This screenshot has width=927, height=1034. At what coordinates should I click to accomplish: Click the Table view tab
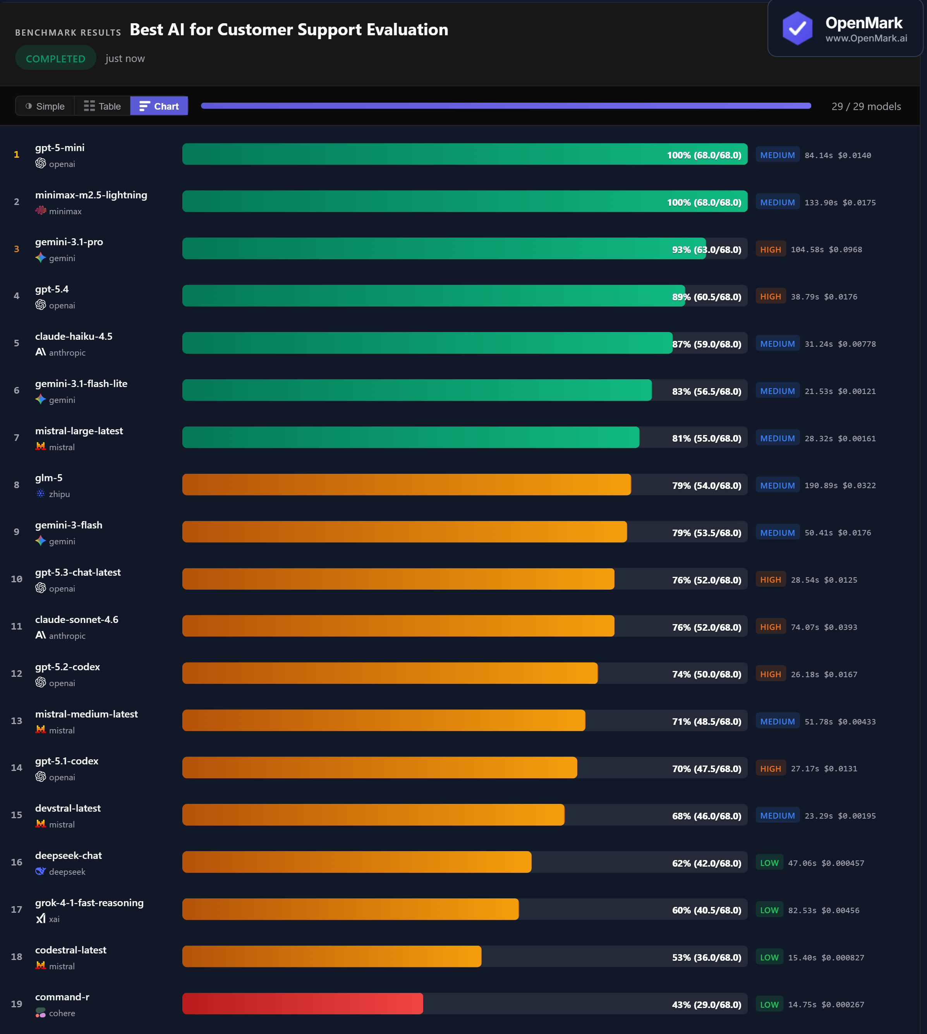point(102,106)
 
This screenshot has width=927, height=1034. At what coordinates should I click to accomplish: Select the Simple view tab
point(45,106)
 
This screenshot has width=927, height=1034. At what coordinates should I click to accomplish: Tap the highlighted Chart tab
point(159,106)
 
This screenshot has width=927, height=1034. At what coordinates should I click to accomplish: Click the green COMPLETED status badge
point(55,58)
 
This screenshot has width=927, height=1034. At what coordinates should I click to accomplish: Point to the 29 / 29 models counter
point(866,107)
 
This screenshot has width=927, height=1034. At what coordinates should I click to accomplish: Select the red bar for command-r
point(302,1003)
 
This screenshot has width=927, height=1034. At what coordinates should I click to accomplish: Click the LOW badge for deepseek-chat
point(769,863)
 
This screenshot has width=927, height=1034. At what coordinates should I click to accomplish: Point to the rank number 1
point(17,155)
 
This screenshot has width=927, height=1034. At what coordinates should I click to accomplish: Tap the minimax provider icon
point(41,210)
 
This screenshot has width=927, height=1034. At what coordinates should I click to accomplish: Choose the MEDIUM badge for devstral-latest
point(777,816)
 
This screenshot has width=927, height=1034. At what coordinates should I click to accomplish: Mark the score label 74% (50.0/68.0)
point(706,674)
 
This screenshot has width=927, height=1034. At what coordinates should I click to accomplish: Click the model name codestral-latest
point(71,950)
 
